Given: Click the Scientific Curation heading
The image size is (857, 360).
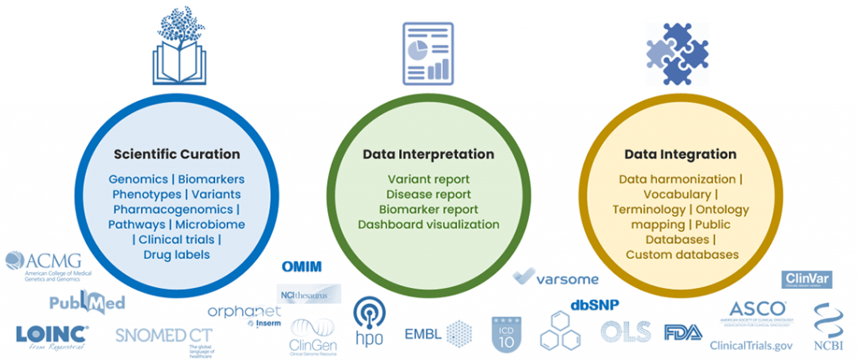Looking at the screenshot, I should pyautogui.click(x=176, y=155).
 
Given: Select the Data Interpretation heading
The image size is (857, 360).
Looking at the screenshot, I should pyautogui.click(x=428, y=155).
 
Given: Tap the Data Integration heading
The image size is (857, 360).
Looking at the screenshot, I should pyautogui.click(x=680, y=155).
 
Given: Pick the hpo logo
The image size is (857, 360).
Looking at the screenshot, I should pyautogui.click(x=369, y=319).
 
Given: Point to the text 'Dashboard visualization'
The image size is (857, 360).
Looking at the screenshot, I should pyautogui.click(x=428, y=224).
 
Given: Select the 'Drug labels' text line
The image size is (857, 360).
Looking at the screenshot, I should pyautogui.click(x=176, y=255).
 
